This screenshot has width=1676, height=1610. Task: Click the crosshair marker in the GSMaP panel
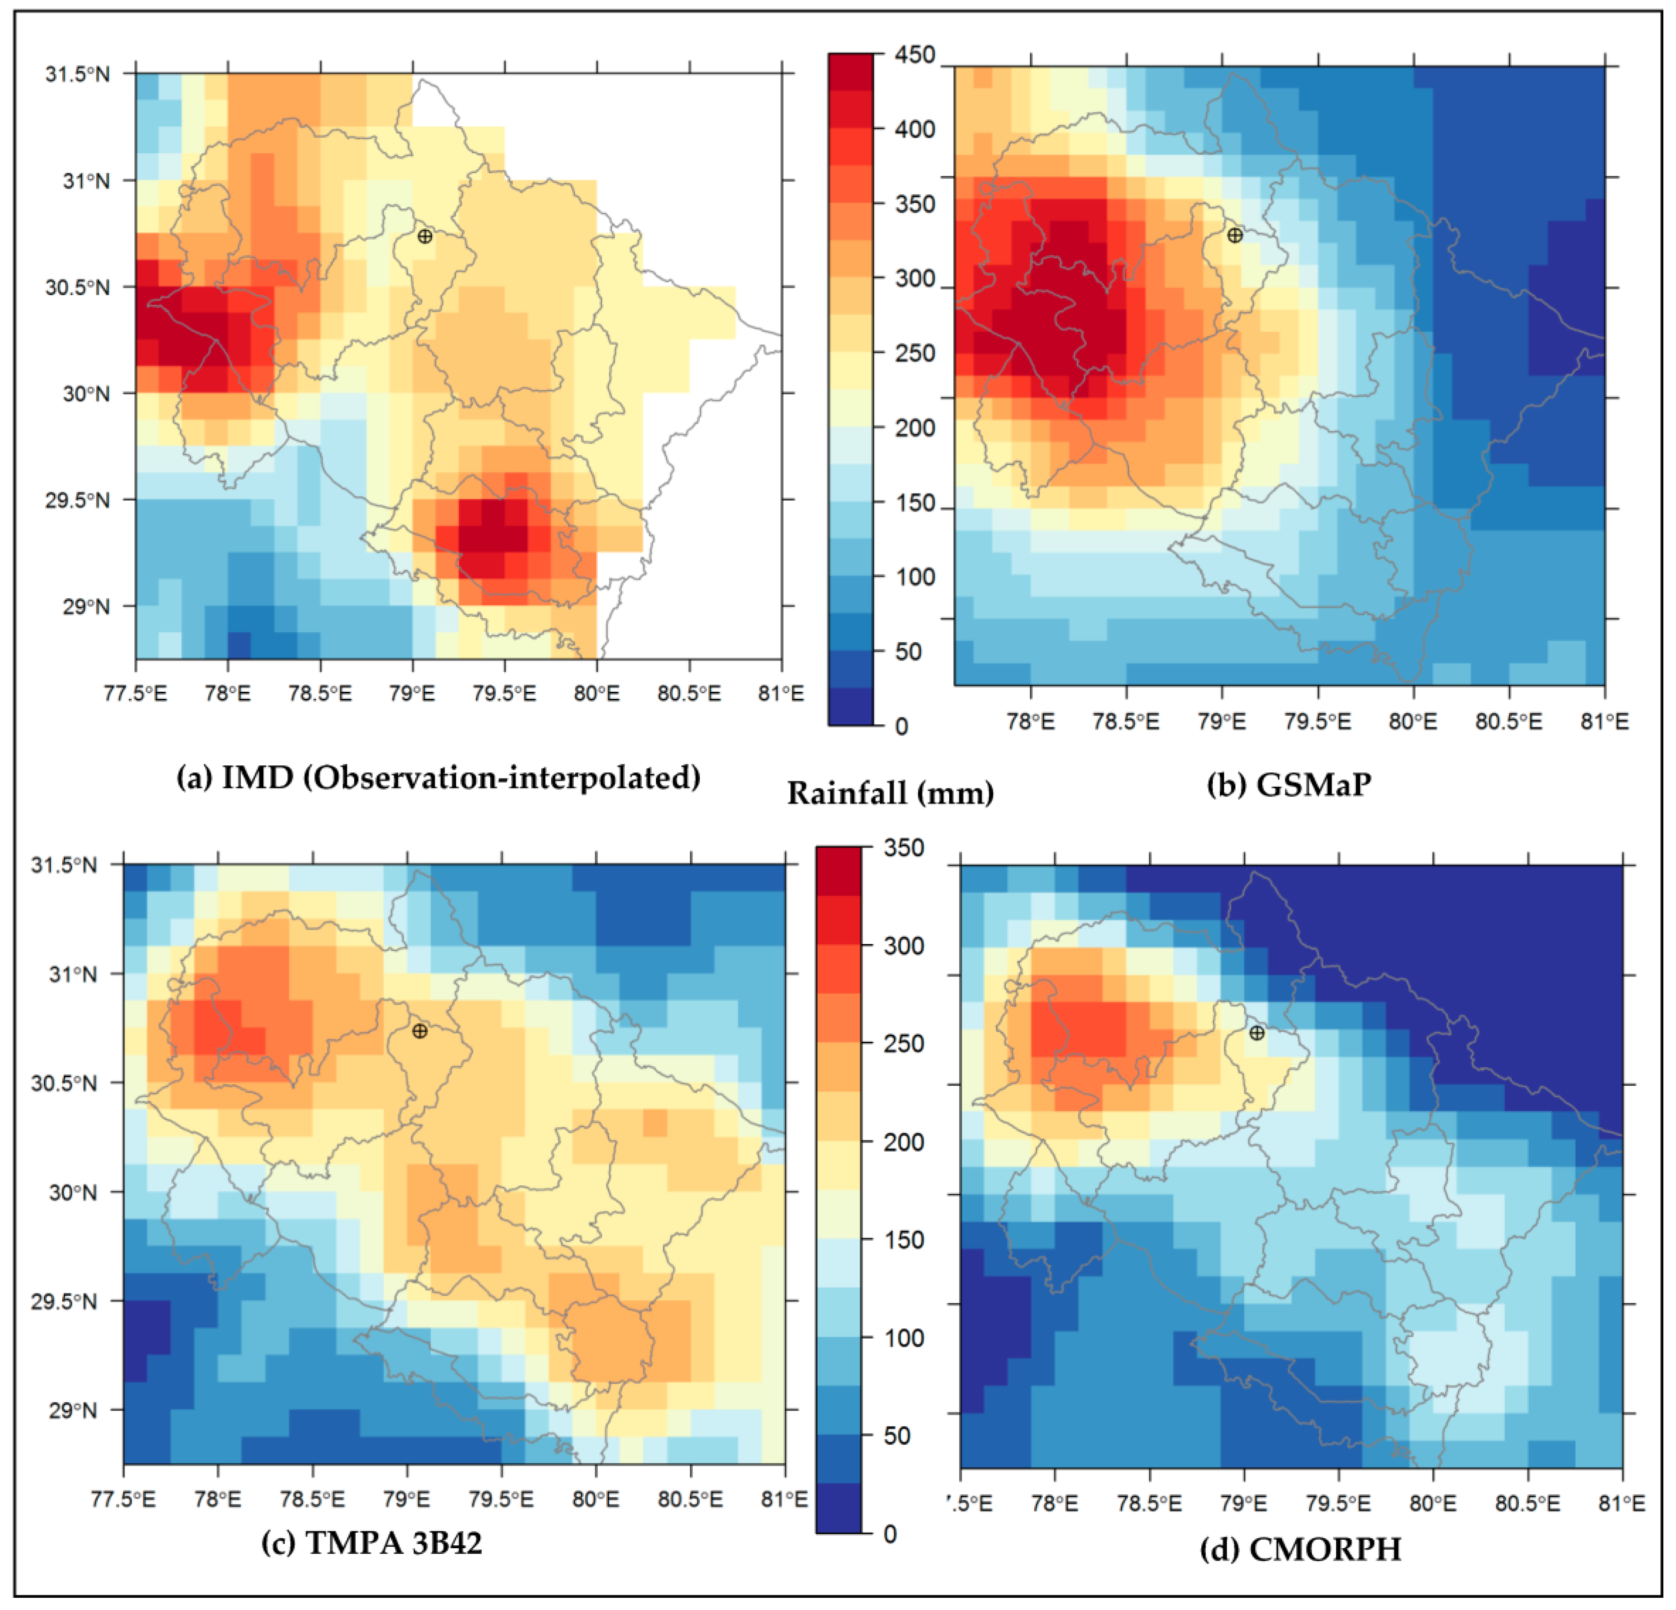[1234, 235]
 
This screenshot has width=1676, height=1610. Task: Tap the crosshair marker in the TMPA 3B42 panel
[419, 1031]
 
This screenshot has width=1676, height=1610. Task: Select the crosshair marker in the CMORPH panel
[1256, 1033]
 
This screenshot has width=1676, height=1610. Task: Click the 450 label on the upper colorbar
[915, 56]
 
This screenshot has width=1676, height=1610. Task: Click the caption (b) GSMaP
[1289, 784]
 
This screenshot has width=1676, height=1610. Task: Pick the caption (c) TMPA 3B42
[372, 1543]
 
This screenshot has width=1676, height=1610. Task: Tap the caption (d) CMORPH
[1300, 1549]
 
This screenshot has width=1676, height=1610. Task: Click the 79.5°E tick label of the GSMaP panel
[1318, 721]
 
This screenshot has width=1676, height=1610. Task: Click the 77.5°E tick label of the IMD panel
[135, 693]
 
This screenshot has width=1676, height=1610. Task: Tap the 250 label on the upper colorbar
[915, 353]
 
